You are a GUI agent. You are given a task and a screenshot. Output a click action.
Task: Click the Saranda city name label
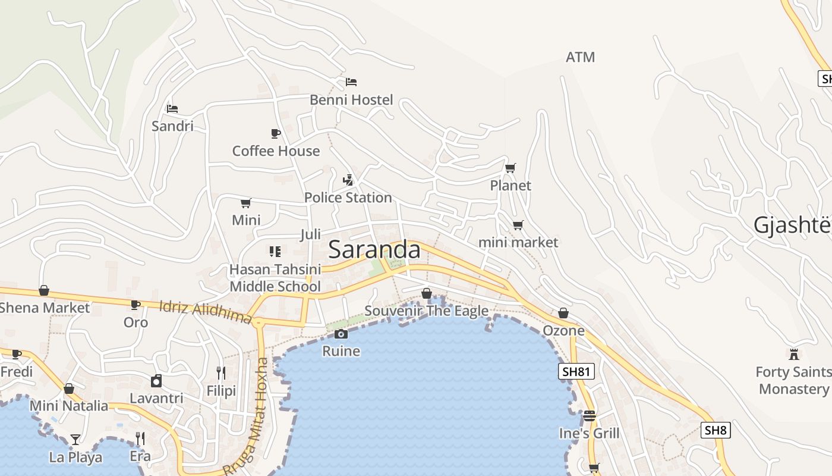[374, 249]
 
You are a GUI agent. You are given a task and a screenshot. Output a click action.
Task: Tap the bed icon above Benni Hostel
[351, 82]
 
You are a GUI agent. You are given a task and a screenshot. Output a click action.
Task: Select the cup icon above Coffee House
[275, 133]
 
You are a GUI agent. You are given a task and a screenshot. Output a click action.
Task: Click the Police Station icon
[348, 180]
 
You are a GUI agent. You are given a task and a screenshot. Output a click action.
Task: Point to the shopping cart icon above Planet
[510, 168]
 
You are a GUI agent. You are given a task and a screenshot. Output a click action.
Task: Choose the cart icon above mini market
[518, 225]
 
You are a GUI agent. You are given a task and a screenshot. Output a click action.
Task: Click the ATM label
[580, 57]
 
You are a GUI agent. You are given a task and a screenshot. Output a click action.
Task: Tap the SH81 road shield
[576, 372]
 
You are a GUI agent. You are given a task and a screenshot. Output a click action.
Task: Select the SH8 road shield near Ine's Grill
[716, 430]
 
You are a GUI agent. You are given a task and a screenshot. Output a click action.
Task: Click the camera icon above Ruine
[341, 334]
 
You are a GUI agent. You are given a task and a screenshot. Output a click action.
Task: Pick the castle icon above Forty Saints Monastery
[793, 355]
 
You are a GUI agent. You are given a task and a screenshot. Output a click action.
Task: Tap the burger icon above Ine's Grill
[589, 415]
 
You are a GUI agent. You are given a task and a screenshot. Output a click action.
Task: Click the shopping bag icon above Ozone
[563, 313]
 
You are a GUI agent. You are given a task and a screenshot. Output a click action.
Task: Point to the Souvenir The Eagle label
[426, 311]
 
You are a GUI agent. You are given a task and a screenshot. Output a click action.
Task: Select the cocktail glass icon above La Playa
[75, 440]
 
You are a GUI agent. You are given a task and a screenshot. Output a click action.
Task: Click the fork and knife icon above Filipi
[221, 373]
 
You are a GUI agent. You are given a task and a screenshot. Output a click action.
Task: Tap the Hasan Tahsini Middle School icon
[275, 252]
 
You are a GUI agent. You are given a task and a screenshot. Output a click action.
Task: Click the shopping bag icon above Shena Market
[44, 290]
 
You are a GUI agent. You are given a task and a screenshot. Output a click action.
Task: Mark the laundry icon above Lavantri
[156, 381]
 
